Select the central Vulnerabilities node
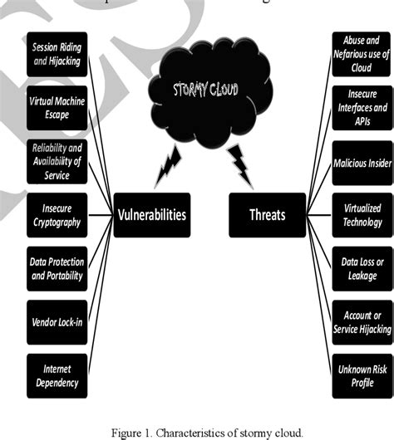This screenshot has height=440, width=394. point(151,215)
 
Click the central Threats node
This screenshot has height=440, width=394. point(268,215)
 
